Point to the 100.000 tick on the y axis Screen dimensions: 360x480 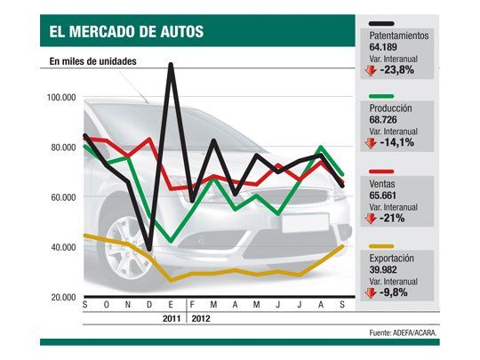click(60, 97)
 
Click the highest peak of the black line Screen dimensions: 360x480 click(170, 65)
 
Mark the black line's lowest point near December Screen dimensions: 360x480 click(148, 250)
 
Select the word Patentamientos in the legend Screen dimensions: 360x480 click(399, 36)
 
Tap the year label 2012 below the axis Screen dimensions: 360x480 click(201, 317)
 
